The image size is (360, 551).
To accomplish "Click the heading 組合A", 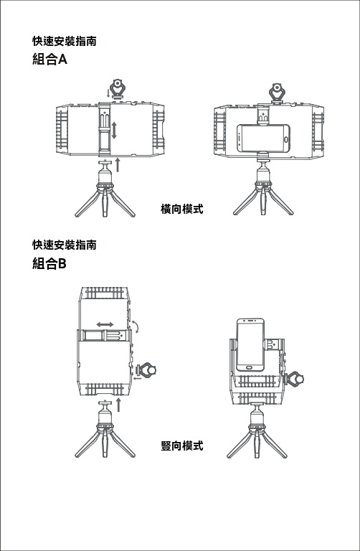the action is [x=49, y=60].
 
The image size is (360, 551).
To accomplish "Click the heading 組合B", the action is [x=49, y=263].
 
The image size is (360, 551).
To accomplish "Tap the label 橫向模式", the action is [x=182, y=209].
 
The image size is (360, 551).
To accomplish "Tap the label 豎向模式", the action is [x=182, y=446].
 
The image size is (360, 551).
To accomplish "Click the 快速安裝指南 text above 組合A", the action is [x=65, y=41].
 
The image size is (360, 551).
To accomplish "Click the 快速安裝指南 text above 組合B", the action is [x=65, y=244].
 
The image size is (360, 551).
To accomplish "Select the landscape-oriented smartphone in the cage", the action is [x=263, y=138].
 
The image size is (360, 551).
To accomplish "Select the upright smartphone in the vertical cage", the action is [x=250, y=344].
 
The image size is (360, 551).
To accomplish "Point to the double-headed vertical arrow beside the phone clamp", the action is [x=114, y=130].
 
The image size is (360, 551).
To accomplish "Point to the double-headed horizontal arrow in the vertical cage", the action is [x=105, y=324].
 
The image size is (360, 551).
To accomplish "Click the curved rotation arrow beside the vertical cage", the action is [x=136, y=326].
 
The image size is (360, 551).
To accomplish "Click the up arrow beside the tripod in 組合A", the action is [x=118, y=165].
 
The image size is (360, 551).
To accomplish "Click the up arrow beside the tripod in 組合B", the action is [x=118, y=405].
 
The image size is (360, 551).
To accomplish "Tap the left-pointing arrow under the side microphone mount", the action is [x=137, y=379].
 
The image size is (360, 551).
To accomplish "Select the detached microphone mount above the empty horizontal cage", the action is [x=117, y=89].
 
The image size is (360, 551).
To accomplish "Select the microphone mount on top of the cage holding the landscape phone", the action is [x=277, y=93].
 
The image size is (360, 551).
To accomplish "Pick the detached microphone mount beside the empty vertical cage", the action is [x=146, y=369].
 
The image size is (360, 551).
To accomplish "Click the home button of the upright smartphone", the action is [x=250, y=367].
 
